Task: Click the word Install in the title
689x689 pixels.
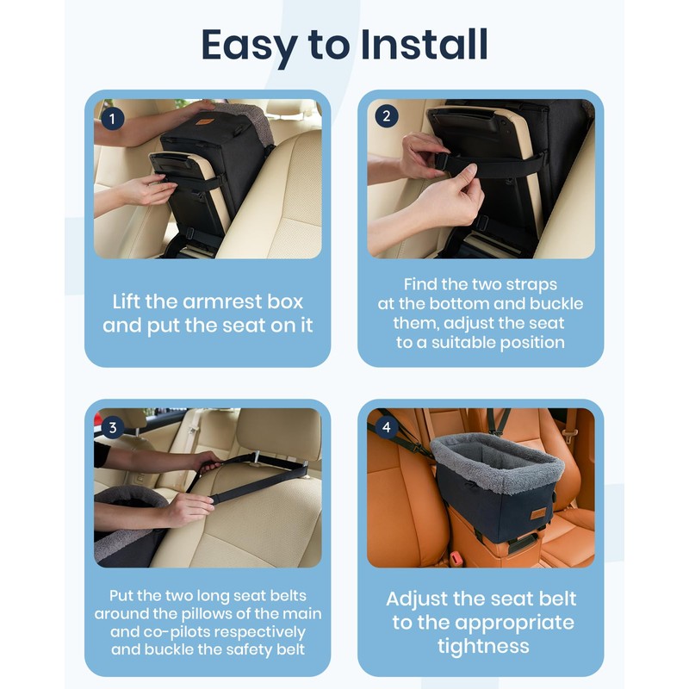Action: [x=424, y=45]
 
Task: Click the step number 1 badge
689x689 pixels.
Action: [x=112, y=119]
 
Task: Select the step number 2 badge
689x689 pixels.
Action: [x=386, y=116]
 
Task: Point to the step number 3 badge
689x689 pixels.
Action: [x=113, y=427]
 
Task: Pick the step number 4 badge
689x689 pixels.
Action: [x=386, y=427]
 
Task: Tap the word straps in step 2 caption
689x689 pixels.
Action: [x=531, y=285]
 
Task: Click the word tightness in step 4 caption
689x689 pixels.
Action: [x=483, y=647]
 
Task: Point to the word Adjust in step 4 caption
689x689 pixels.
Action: [x=416, y=599]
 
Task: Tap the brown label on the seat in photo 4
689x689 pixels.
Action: [x=538, y=513]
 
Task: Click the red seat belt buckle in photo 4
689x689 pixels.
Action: [x=456, y=558]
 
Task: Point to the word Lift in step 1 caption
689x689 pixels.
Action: [x=127, y=301]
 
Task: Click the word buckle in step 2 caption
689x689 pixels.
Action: [x=556, y=304]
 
